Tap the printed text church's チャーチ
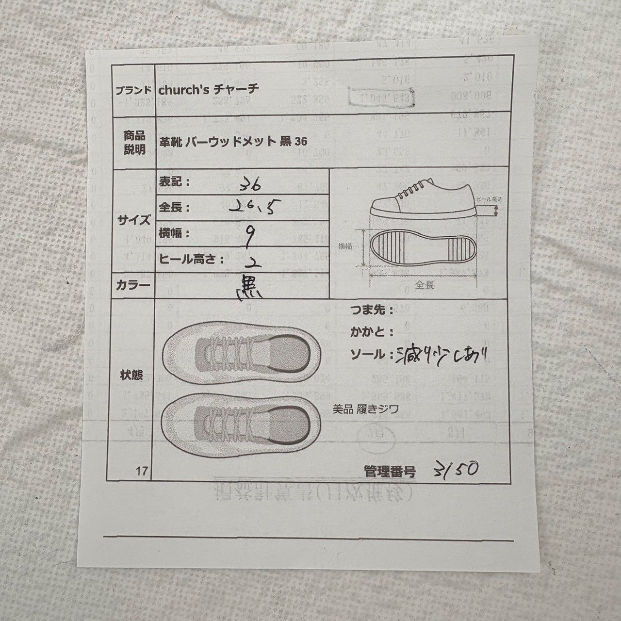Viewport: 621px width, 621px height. pos(209,90)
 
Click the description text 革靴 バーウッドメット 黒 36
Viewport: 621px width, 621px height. pos(233,141)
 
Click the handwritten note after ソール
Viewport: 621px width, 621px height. pos(441,355)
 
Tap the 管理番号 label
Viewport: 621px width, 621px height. pos(389,471)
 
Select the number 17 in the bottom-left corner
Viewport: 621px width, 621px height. pos(142,470)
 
